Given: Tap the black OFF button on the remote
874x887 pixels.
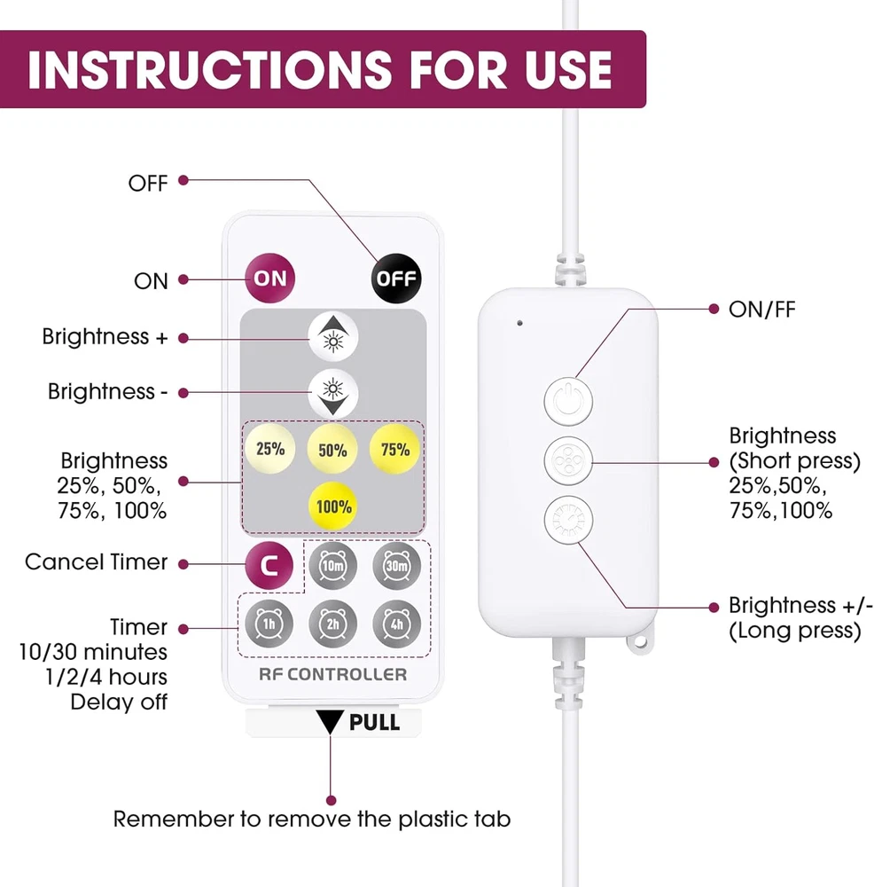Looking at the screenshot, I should [x=395, y=279].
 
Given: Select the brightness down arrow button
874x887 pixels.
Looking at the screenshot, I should [x=332, y=392].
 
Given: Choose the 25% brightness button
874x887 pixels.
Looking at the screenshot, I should [x=269, y=449].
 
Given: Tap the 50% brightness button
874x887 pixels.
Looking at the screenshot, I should [x=332, y=450].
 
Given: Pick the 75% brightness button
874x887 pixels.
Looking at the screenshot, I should [x=395, y=449].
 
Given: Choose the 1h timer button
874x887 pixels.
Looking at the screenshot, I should [x=269, y=622].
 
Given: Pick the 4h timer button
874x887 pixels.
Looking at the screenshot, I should [x=395, y=622].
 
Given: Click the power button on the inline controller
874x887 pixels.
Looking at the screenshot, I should [x=566, y=398].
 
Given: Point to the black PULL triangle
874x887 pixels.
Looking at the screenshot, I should [x=332, y=721].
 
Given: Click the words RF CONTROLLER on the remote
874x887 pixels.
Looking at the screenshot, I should [x=332, y=674].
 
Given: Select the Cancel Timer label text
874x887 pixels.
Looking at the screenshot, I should [x=96, y=562].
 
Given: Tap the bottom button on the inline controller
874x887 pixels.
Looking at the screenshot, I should [x=566, y=520].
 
